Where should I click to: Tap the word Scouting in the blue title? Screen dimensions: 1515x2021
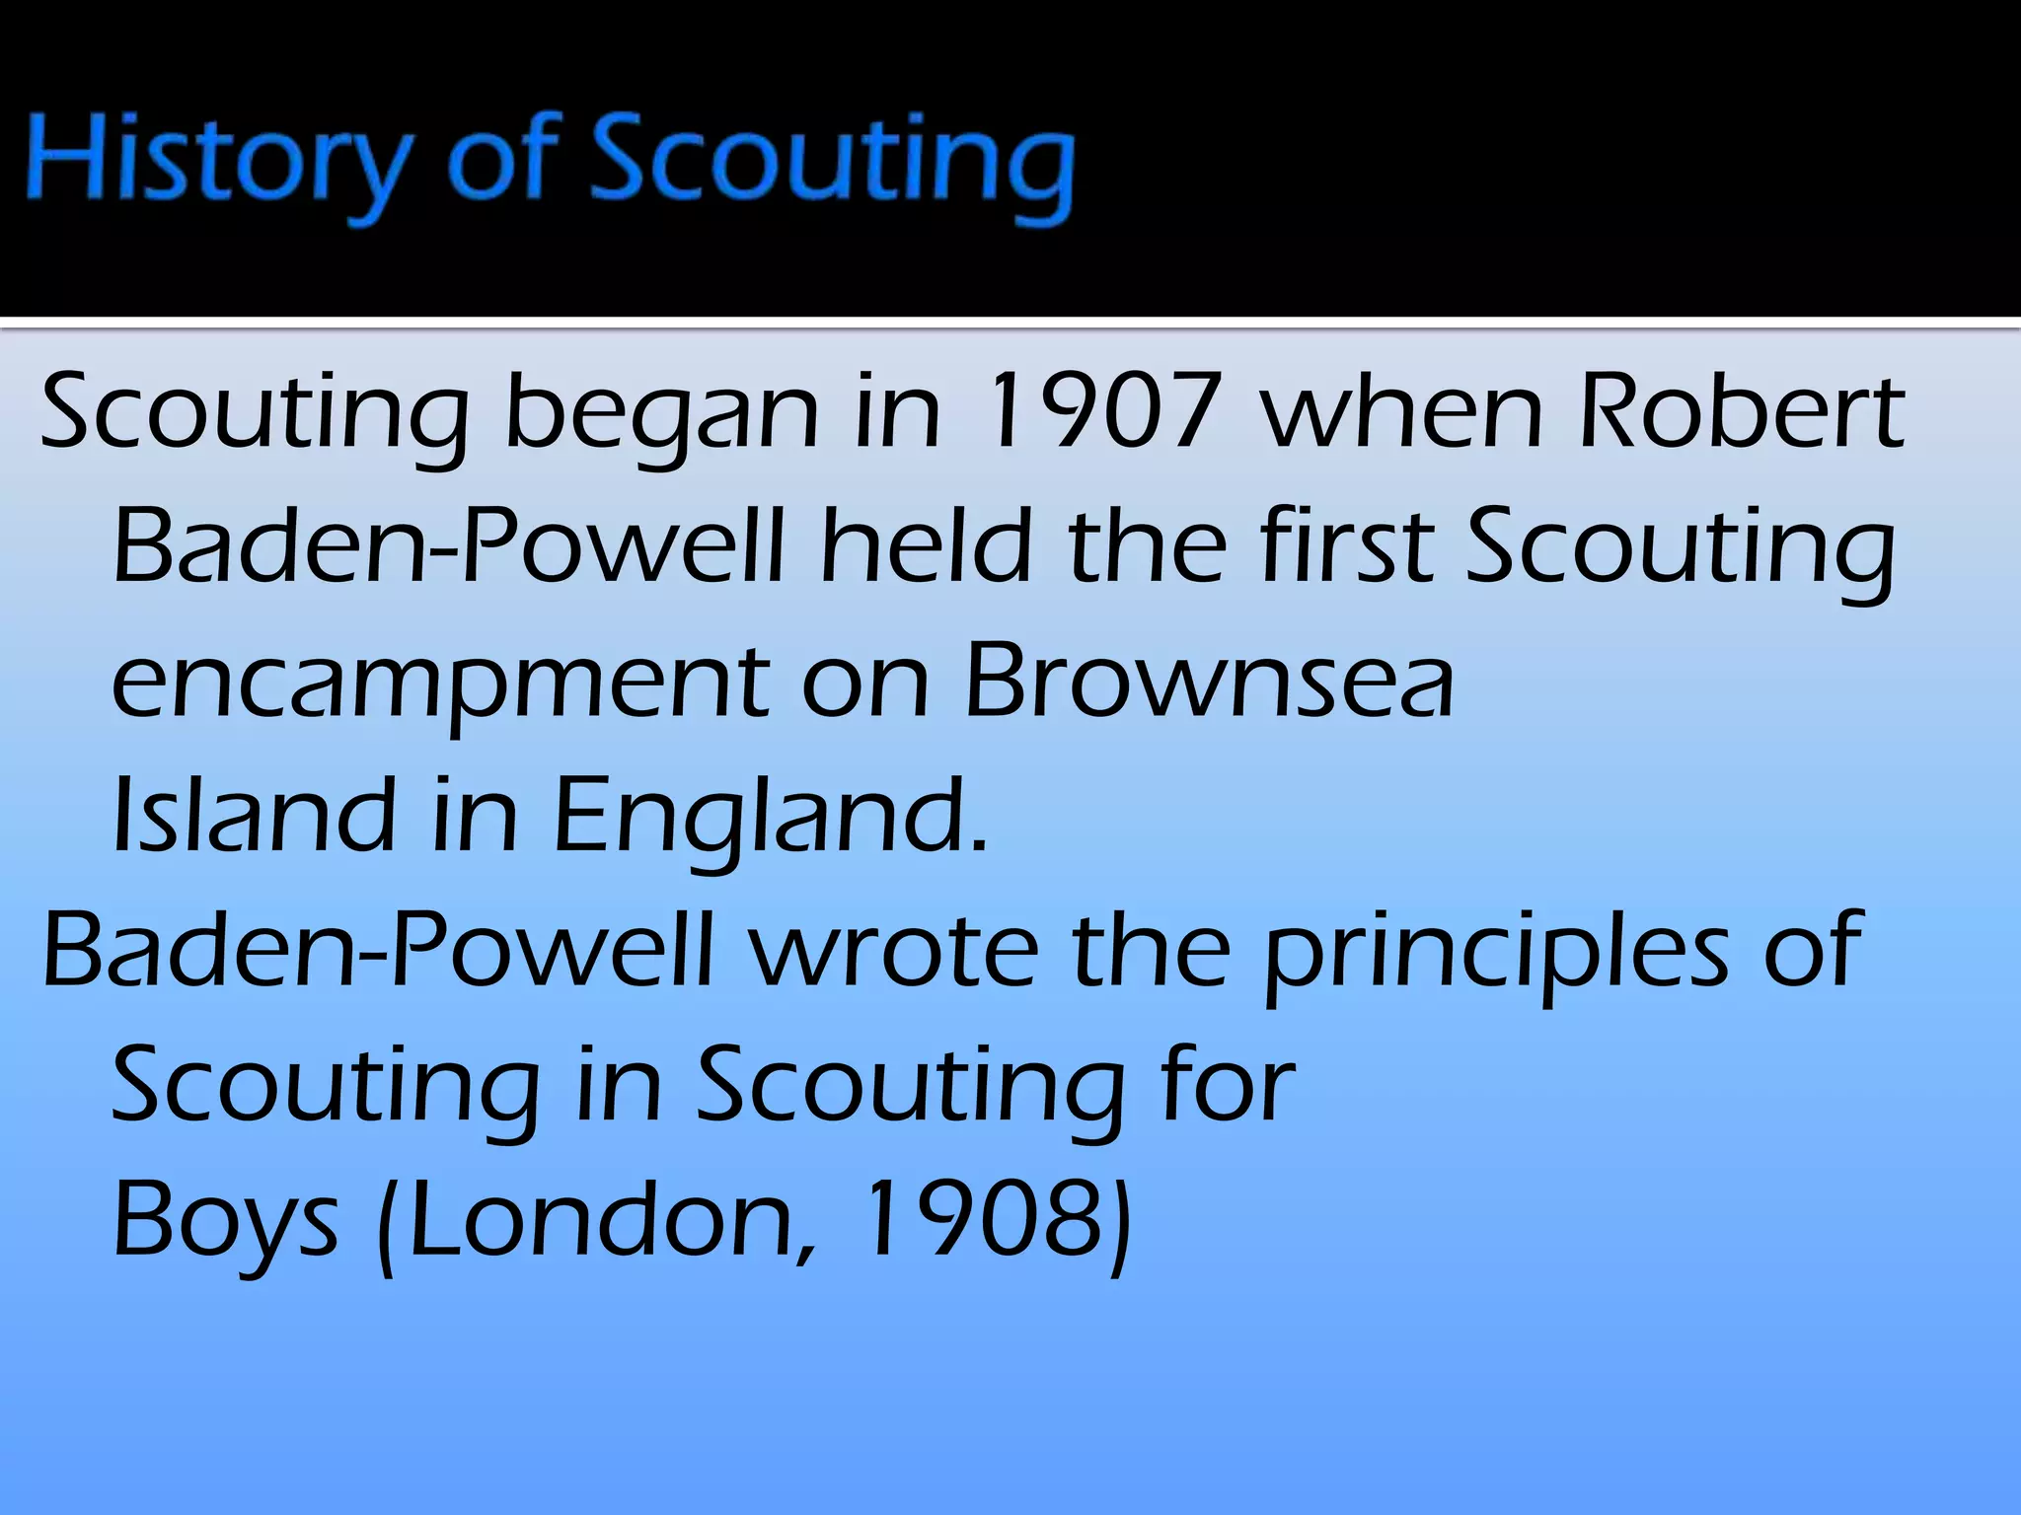click(831, 163)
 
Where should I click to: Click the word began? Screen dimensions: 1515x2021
click(661, 412)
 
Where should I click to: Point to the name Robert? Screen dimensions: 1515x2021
click(1742, 412)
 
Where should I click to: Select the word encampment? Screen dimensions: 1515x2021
click(440, 683)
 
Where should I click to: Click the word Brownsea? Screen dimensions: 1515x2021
click(1210, 683)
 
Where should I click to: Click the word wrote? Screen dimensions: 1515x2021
click(894, 952)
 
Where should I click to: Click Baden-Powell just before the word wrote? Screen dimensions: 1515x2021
click(379, 952)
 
